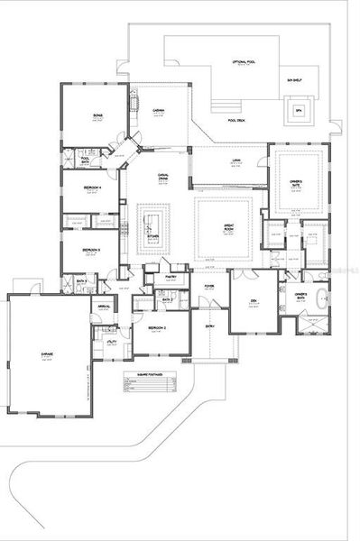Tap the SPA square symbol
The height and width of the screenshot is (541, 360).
[x=299, y=112]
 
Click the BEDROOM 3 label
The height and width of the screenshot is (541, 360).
[x=89, y=250]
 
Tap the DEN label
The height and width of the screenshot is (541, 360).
[x=242, y=301]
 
